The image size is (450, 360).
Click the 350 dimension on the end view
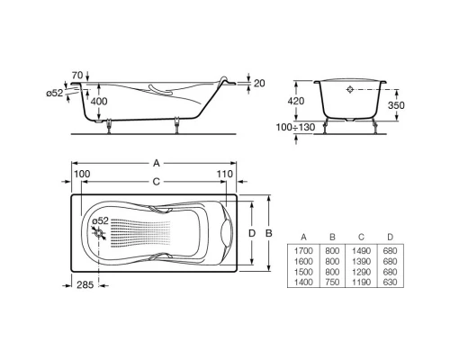click(x=408, y=104)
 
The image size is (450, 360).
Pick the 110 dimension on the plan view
click(x=225, y=173)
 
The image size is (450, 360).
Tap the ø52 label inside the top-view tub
click(x=102, y=220)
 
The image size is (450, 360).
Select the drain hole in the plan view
click(x=97, y=232)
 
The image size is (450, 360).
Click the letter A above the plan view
click(x=157, y=163)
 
